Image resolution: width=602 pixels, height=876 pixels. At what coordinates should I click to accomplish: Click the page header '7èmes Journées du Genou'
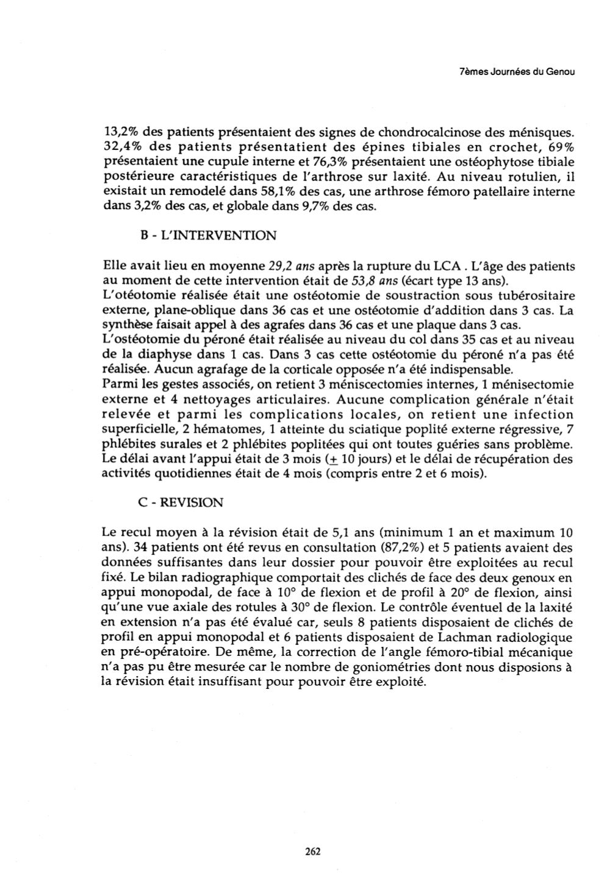516,72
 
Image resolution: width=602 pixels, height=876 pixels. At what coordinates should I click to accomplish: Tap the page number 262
312,852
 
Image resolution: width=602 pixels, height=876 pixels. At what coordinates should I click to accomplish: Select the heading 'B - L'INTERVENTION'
207,235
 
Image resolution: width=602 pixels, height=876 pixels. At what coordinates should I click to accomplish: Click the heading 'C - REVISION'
181,502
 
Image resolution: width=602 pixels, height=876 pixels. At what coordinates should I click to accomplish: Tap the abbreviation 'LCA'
446,266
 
